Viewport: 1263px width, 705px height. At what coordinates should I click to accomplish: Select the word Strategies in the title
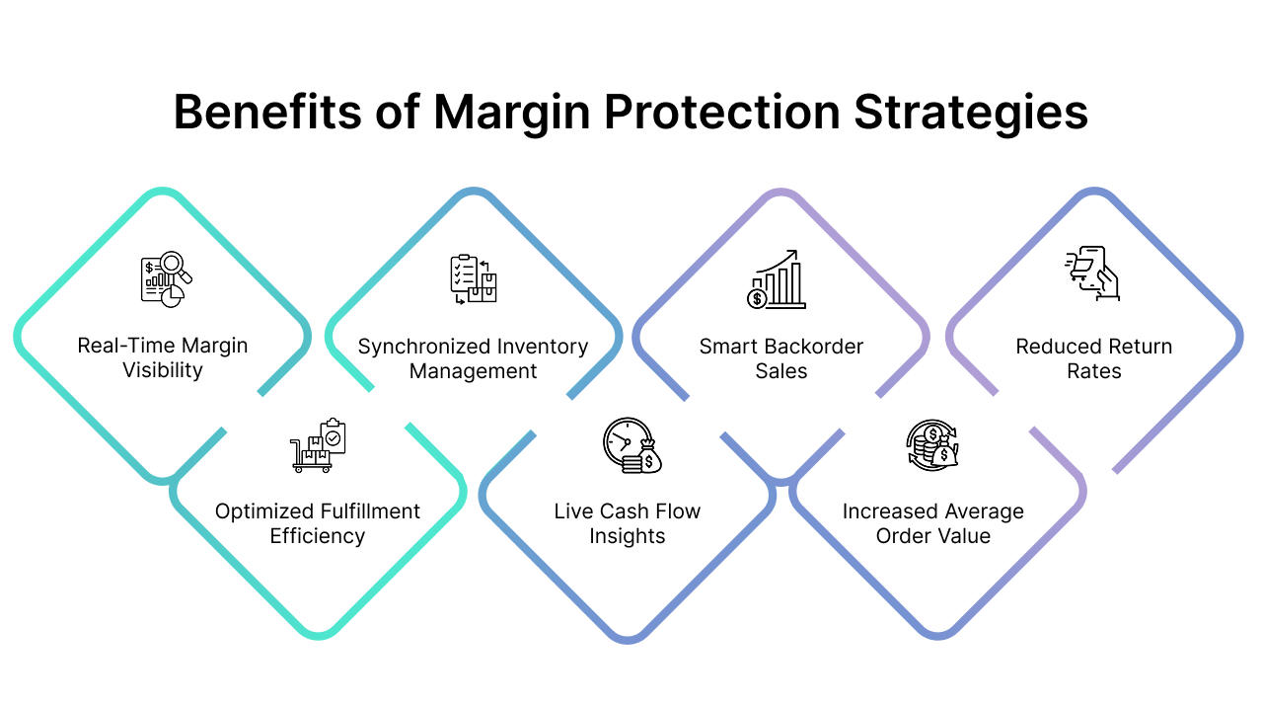point(971,112)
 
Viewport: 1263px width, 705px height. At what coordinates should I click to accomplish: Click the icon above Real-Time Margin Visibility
point(166,277)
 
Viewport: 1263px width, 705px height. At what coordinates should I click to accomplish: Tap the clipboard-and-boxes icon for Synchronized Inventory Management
point(473,278)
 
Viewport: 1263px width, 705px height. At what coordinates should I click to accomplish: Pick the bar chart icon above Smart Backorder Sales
point(777,278)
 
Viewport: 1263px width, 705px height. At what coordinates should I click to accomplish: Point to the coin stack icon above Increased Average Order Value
point(932,444)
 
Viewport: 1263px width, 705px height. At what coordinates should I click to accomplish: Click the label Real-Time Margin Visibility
point(163,357)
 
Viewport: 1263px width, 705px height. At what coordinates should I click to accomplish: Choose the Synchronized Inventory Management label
point(473,358)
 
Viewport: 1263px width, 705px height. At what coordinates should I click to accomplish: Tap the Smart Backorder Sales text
point(780,358)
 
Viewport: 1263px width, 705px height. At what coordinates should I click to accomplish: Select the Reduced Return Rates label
point(1093,358)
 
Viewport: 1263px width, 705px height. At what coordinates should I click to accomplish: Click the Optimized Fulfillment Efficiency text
point(318,523)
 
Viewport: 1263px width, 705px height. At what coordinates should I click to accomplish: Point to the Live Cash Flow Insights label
point(627,523)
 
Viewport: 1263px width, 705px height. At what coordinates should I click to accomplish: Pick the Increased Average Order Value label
point(932,523)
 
